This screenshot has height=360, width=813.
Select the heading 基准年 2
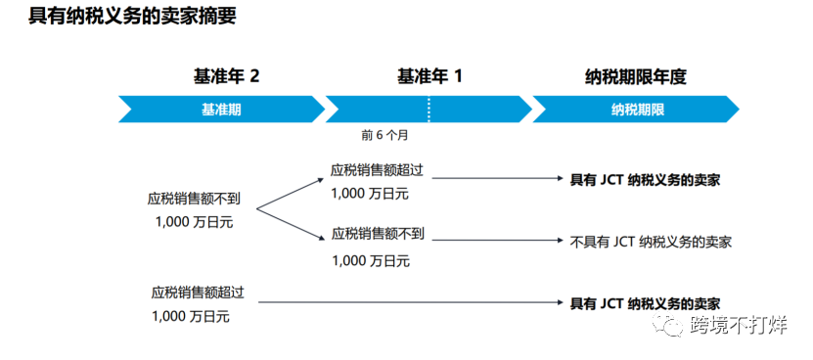point(226,76)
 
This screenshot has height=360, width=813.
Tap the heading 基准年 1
point(429,76)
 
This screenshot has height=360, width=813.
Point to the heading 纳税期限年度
point(635,76)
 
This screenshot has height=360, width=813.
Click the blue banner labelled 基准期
point(221,109)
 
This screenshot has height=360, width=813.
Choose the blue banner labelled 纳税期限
point(637,109)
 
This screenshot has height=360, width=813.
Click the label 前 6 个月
point(384,134)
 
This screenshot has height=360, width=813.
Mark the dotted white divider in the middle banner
point(429,109)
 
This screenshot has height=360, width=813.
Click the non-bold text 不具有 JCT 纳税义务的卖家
point(652,241)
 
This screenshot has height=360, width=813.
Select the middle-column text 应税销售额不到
point(378,234)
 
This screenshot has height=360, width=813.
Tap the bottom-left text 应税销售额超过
point(197,292)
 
